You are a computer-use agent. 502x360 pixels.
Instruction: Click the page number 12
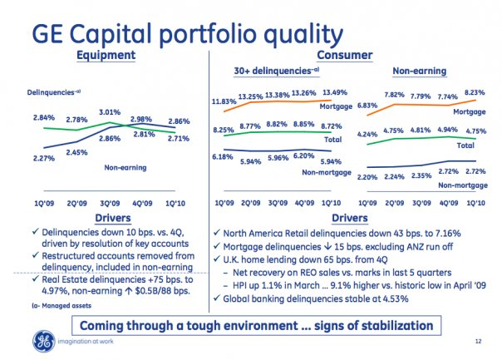(x=478, y=341)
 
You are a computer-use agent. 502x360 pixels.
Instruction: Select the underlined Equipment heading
(x=106, y=55)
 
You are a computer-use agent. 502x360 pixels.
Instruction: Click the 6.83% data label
(x=367, y=106)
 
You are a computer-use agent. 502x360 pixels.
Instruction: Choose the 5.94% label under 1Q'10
(x=331, y=161)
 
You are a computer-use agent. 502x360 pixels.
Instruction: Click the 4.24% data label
(x=367, y=135)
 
